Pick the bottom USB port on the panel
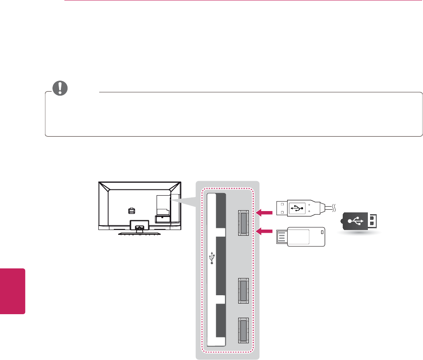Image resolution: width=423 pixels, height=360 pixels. click(x=243, y=330)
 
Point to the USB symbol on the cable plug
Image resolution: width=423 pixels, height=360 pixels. click(x=298, y=208)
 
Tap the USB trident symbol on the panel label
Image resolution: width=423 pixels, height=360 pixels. click(x=213, y=258)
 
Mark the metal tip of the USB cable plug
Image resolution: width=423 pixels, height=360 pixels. click(x=282, y=208)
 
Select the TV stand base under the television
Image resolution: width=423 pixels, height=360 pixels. click(x=140, y=234)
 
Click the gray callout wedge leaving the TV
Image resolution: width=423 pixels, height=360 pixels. click(x=185, y=200)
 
